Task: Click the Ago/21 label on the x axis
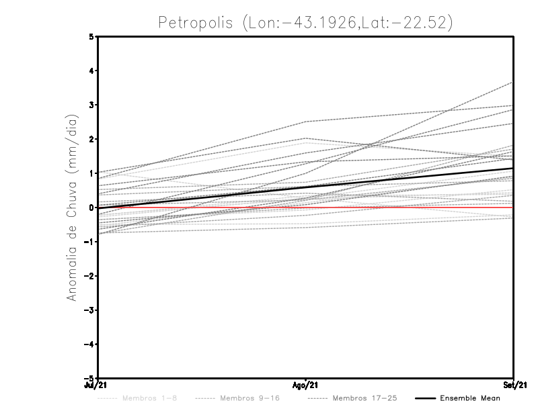click(306, 385)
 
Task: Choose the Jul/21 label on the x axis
click(98, 385)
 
